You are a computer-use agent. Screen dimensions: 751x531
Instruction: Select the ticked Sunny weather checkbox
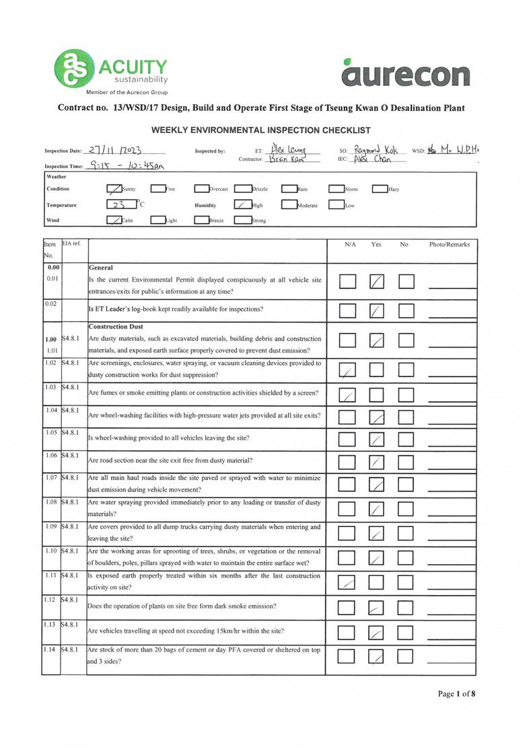pos(114,189)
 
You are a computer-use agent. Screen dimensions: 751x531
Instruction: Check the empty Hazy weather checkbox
pos(379,189)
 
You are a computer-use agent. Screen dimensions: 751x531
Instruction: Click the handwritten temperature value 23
pos(118,204)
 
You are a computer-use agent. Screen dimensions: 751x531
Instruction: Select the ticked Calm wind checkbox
pos(114,219)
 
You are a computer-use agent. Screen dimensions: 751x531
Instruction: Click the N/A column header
pos(349,245)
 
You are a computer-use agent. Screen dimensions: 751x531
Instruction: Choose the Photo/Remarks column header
pos(449,245)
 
